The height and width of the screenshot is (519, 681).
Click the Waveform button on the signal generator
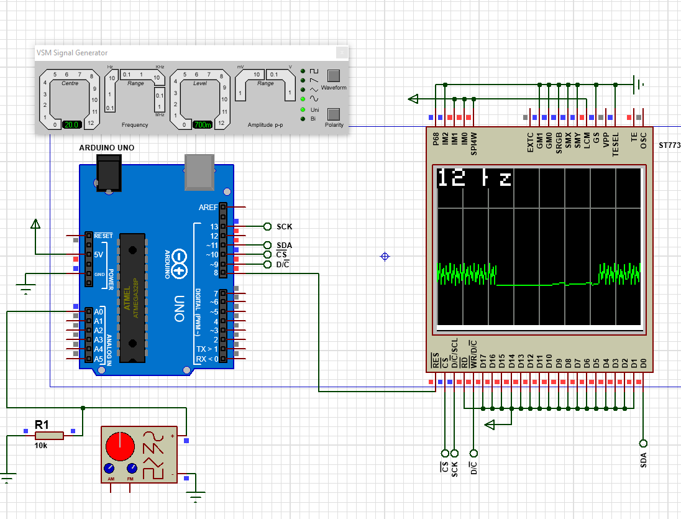334,76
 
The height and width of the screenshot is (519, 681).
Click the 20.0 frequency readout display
71,124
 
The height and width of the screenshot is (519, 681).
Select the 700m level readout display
201,124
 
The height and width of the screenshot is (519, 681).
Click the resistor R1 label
42,425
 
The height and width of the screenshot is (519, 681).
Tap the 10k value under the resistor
42,444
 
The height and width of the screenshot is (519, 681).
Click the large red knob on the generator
119,446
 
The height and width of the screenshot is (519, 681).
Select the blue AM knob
110,468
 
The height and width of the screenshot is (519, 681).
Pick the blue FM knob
132,468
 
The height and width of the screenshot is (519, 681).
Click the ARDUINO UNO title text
106,148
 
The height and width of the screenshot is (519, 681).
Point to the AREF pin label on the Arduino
208,207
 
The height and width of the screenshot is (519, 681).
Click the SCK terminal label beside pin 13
285,226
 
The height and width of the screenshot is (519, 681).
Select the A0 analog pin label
99,311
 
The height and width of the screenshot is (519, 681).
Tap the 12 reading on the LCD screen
452,178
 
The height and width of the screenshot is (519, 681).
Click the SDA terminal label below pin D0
643,460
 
